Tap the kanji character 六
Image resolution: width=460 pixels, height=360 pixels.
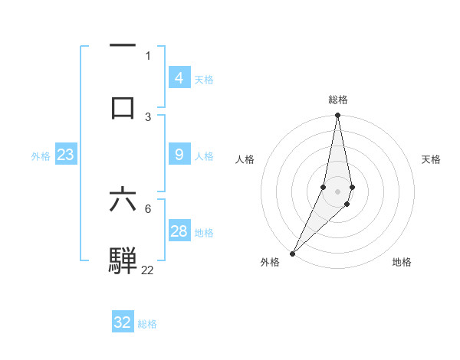(x=123, y=200)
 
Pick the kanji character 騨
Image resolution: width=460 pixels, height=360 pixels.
(x=123, y=260)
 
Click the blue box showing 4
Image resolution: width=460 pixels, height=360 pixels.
(x=179, y=77)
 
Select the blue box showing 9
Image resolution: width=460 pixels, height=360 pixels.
(x=179, y=155)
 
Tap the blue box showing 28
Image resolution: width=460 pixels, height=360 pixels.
(x=179, y=231)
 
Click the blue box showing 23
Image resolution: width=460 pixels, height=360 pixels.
(x=65, y=155)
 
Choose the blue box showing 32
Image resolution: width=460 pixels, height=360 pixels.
(x=123, y=322)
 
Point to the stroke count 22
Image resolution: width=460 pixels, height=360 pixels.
(x=147, y=270)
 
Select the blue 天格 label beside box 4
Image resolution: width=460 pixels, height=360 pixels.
(x=204, y=79)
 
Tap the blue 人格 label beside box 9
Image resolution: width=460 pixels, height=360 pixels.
(x=204, y=156)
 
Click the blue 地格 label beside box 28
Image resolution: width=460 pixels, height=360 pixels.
(x=204, y=233)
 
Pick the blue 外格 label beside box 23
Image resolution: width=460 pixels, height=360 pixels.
(x=41, y=156)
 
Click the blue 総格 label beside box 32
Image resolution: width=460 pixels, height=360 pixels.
(x=147, y=324)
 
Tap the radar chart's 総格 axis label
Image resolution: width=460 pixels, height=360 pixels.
(x=338, y=100)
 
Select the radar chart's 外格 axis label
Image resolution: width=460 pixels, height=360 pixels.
(x=270, y=262)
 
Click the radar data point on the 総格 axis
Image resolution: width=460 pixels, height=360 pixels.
(x=338, y=116)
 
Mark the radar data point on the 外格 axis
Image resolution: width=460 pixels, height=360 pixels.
(x=292, y=253)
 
